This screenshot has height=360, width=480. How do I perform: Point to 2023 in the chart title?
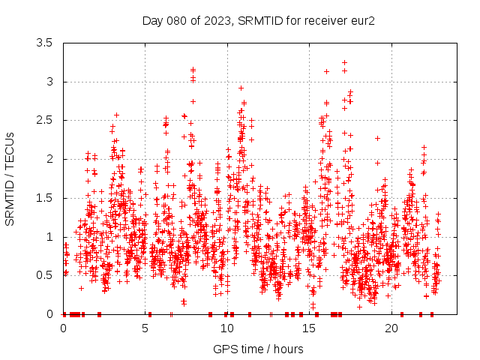click(x=214, y=20)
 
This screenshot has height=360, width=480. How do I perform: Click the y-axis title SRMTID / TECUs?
click(x=10, y=178)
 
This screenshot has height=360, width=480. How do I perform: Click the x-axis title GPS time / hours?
click(x=259, y=349)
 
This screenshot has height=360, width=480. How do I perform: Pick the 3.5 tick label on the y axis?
click(x=44, y=43)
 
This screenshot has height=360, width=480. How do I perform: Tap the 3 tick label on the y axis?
click(x=49, y=82)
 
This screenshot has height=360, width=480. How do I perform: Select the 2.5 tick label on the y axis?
click(x=44, y=120)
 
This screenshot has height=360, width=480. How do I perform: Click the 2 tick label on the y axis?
click(x=49, y=159)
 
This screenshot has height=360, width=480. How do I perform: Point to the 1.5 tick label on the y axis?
click(x=44, y=198)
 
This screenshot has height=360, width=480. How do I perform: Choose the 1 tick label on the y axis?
click(x=49, y=237)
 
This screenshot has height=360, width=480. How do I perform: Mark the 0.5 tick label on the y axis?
click(x=44, y=275)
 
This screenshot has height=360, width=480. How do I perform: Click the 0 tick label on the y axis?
click(x=49, y=314)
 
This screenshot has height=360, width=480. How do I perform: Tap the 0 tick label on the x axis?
click(x=63, y=328)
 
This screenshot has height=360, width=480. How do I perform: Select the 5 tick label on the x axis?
click(x=145, y=328)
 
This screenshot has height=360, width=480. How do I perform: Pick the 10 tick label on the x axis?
click(x=227, y=328)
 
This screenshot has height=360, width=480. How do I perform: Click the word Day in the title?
click(x=152, y=20)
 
